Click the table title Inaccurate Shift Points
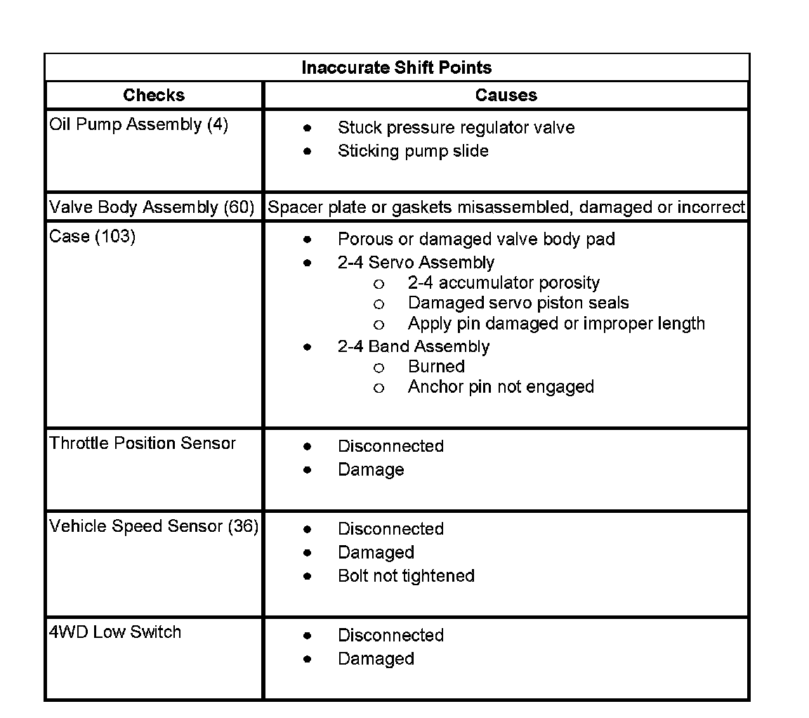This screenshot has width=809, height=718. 397,67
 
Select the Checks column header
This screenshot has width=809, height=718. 154,95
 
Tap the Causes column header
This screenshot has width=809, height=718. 506,95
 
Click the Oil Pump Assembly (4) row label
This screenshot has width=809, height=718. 139,125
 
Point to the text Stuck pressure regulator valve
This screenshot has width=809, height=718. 456,128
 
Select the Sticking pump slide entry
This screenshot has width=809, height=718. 413,151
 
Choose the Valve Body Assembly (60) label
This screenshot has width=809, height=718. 152,207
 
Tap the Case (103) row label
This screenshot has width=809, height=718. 93,236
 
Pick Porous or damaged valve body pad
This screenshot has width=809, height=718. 476,240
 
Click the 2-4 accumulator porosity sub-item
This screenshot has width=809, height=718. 504,283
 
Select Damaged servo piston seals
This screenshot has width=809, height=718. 518,303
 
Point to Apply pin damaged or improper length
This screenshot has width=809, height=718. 556,324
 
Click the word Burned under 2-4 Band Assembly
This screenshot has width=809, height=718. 436,367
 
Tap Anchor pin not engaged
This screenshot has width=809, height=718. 501,387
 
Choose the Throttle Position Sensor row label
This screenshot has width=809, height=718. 143,443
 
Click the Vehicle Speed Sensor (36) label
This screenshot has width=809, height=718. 154,526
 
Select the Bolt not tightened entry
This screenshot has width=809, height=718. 406,576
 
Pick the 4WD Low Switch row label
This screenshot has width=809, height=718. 115,632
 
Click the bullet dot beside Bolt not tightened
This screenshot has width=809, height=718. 308,576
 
